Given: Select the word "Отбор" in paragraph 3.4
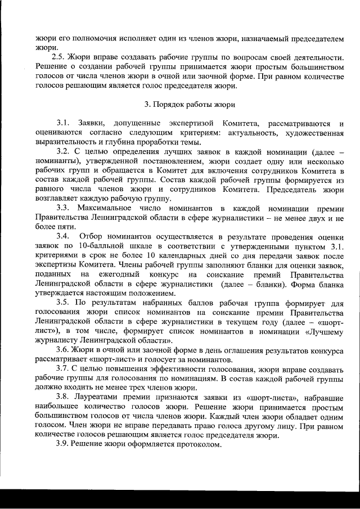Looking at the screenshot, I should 92,236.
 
